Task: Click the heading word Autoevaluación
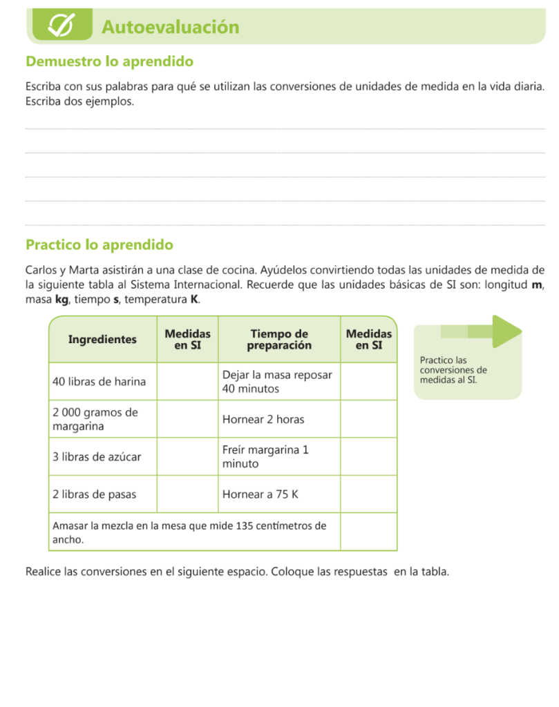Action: coord(170,27)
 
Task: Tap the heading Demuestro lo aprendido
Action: coord(109,61)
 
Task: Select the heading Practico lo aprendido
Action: coord(99,244)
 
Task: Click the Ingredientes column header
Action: coord(102,339)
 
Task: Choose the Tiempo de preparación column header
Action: coord(279,339)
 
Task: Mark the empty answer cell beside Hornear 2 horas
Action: coord(368,419)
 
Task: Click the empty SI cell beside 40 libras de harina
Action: coord(187,382)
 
